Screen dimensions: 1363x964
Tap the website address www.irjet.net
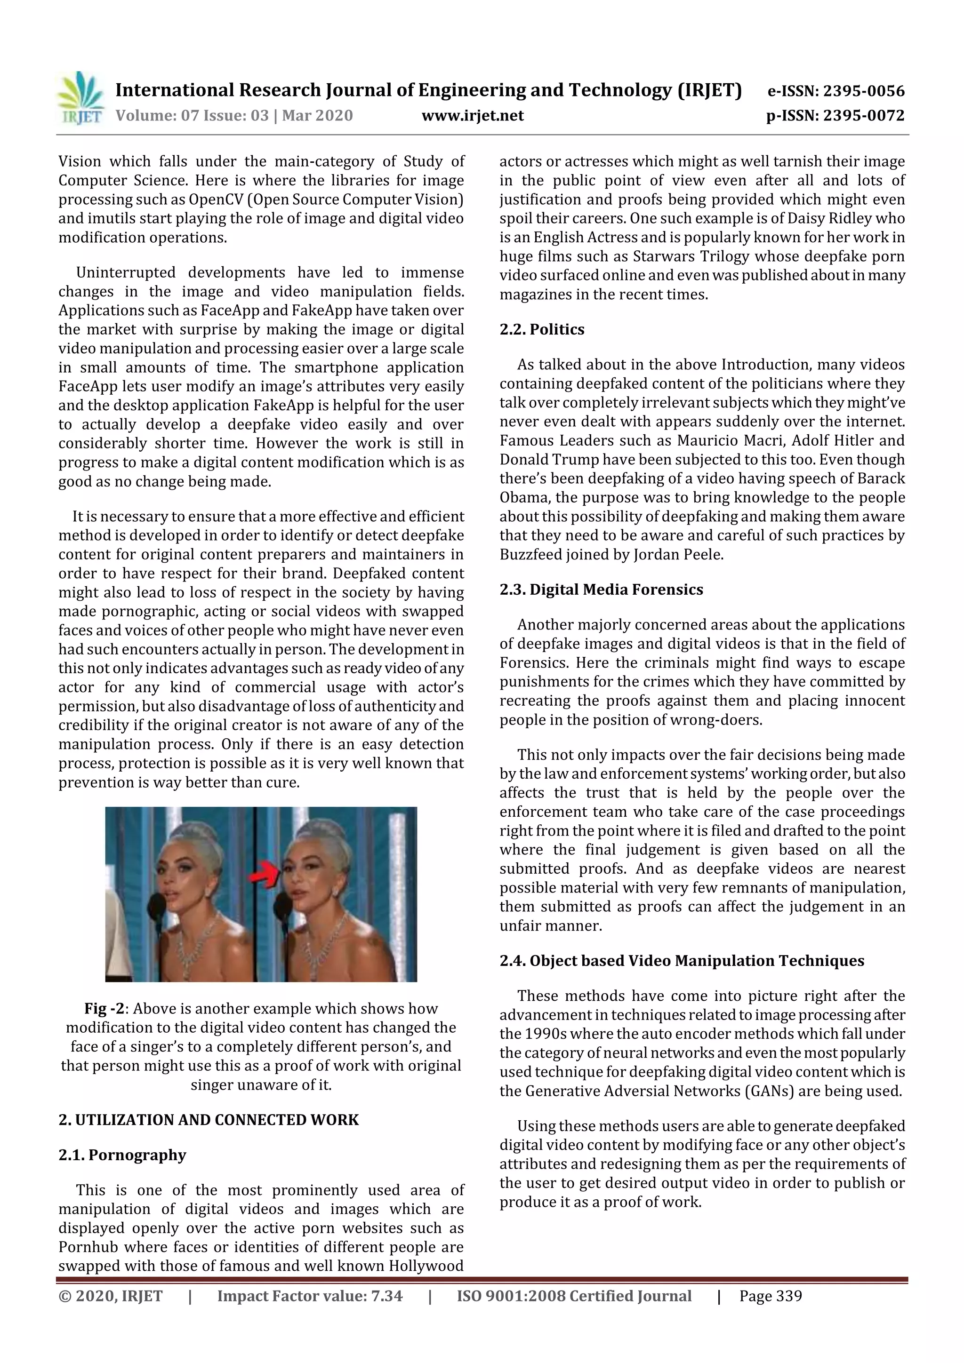(x=472, y=115)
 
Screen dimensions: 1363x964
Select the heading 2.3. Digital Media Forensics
(x=601, y=590)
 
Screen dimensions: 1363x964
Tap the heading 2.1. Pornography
(x=122, y=1155)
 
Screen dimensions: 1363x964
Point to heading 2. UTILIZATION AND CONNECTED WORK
(x=209, y=1120)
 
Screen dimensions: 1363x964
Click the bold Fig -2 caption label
(x=107, y=1009)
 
